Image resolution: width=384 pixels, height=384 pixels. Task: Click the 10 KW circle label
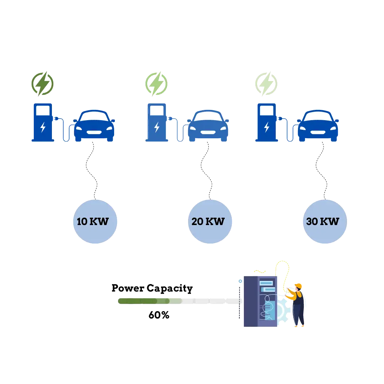[x=95, y=222]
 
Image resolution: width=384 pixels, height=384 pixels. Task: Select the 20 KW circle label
[x=209, y=222]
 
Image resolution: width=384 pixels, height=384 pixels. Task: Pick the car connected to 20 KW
[x=208, y=126]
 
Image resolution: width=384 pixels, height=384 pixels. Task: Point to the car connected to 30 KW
[x=318, y=126]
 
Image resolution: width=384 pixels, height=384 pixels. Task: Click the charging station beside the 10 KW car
[x=43, y=123]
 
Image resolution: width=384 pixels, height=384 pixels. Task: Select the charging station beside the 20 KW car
[x=157, y=123]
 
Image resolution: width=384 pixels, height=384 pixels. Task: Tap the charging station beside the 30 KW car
[x=267, y=123]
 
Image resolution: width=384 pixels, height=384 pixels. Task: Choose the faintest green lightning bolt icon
[x=266, y=84]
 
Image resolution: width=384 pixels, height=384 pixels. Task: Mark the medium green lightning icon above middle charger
[x=156, y=84]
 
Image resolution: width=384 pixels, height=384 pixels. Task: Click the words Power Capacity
[x=152, y=288]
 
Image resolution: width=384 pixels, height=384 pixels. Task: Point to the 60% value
[x=159, y=315]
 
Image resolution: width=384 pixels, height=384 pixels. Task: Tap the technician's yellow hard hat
[x=298, y=286]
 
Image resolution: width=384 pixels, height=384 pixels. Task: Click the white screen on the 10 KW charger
[x=43, y=111]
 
